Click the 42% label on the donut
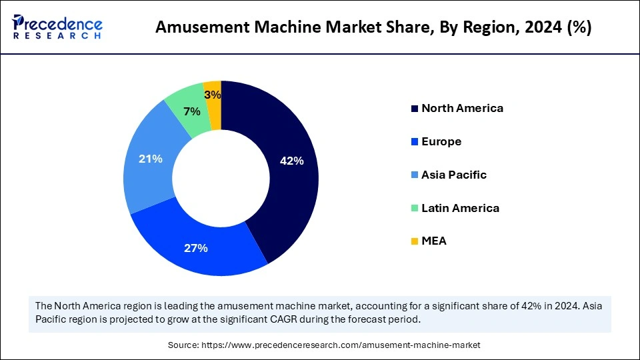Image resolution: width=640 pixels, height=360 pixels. coord(292,161)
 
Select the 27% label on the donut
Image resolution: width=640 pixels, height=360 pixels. coord(196,248)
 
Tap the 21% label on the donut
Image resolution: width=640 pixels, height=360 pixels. coord(151,159)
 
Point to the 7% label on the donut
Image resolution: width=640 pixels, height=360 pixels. coord(192,111)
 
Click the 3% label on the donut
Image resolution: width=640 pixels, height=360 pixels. coord(213,95)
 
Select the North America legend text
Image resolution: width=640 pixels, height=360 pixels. coord(462,108)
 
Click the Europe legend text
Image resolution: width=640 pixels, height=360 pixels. coord(441,141)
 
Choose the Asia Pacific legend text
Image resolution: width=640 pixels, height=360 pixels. coord(454,175)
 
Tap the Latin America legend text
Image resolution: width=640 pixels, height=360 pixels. coord(460,208)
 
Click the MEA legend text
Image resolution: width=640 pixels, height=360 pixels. coord(434,241)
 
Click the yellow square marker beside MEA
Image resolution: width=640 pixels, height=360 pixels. coord(415,241)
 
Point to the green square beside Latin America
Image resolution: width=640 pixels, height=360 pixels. coord(415,208)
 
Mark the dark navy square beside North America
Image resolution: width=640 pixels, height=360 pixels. coord(415,109)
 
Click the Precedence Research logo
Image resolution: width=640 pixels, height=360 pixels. coord(57,27)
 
